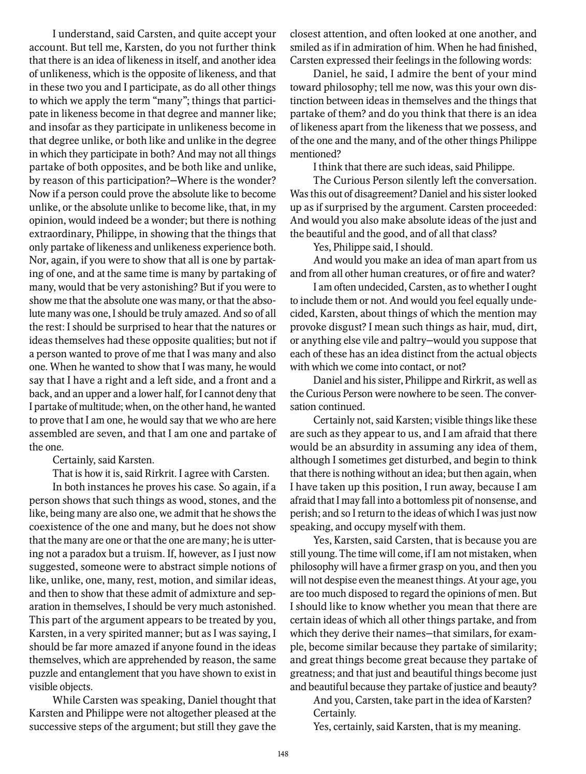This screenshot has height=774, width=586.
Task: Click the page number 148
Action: click(x=283, y=754)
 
